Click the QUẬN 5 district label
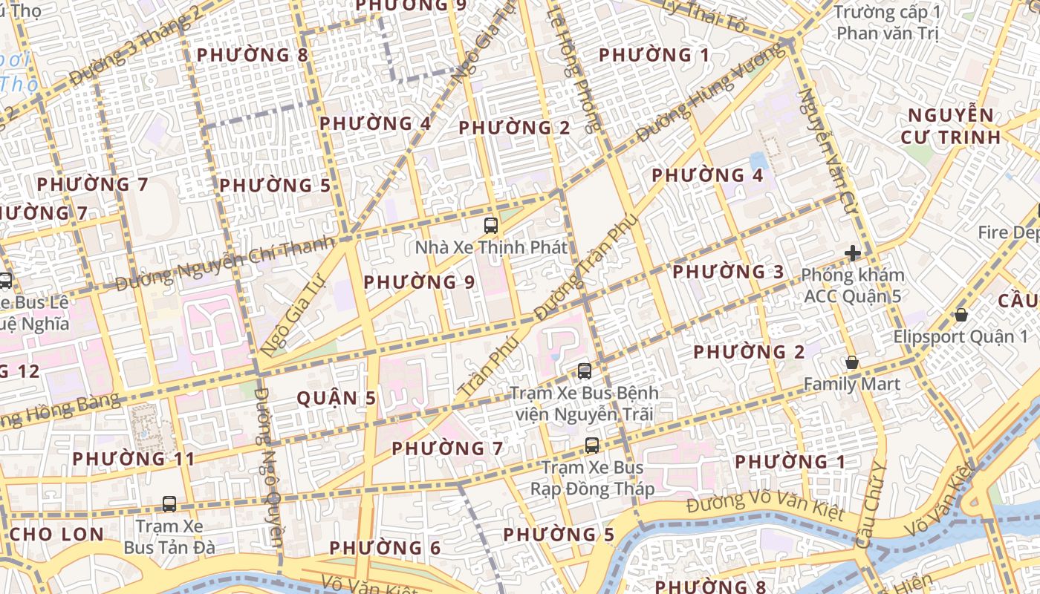click(337, 399)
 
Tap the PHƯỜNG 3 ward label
click(728, 272)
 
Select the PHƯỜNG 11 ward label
click(134, 459)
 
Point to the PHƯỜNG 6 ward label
click(385, 549)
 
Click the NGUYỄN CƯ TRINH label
click(951, 126)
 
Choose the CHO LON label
click(57, 534)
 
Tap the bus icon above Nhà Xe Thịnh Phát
click(490, 226)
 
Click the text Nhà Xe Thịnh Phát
click(491, 247)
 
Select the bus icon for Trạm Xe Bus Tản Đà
click(169, 504)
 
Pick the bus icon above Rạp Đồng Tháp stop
click(591, 446)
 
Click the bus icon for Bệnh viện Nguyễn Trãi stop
click(585, 371)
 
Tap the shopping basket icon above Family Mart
click(852, 363)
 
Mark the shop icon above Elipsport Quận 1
click(961, 315)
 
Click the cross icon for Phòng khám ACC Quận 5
click(852, 253)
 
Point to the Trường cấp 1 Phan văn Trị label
click(887, 22)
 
